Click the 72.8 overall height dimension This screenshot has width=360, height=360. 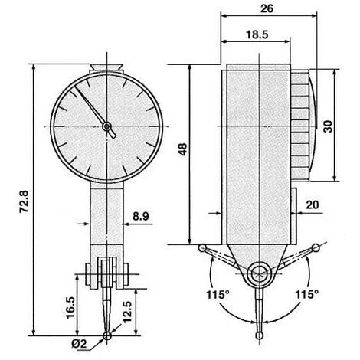pyautogui.click(x=24, y=201)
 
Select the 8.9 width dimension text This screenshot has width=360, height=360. pyautogui.click(x=141, y=216)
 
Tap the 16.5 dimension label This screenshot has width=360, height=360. pyautogui.click(x=70, y=307)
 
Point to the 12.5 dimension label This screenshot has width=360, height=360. pyautogui.click(x=127, y=312)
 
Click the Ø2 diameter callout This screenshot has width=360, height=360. pyautogui.click(x=79, y=344)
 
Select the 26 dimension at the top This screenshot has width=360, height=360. pyautogui.click(x=267, y=8)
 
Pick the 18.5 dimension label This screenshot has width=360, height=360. pyautogui.click(x=257, y=34)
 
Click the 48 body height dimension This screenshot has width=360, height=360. pyautogui.click(x=183, y=149)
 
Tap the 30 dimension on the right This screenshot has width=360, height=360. pyautogui.click(x=329, y=126)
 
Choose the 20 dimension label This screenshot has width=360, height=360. pyautogui.click(x=313, y=205)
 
